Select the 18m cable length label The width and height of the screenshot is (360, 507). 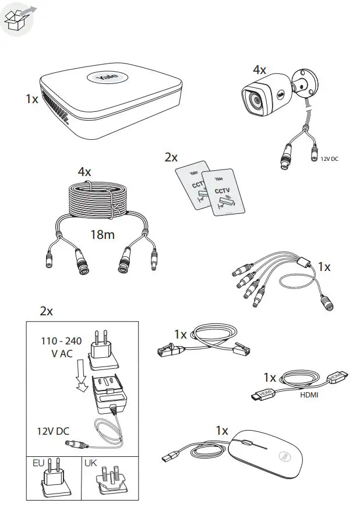(x=102, y=235)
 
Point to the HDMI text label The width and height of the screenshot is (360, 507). (x=310, y=395)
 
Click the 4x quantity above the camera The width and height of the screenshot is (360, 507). (x=259, y=70)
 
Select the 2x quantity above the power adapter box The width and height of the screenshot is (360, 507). (x=46, y=311)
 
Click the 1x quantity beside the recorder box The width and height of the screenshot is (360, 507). (x=32, y=100)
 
